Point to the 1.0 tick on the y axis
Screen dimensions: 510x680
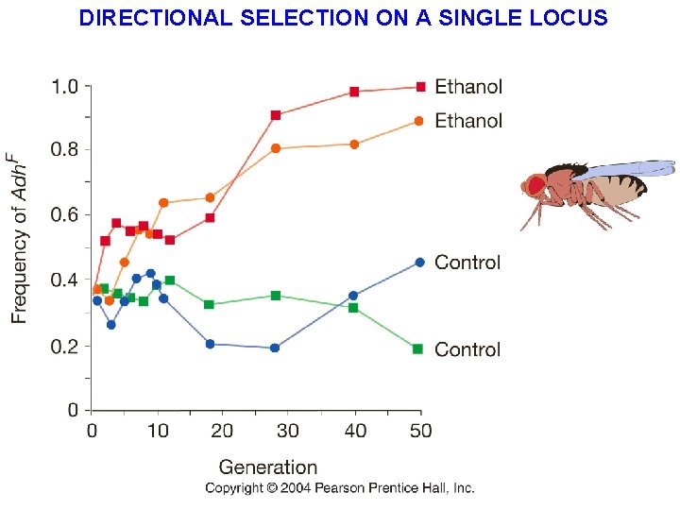tap(64, 87)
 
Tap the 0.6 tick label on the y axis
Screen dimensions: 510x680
tap(64, 215)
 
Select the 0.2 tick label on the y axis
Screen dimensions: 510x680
tap(64, 347)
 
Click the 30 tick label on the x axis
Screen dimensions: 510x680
tap(288, 431)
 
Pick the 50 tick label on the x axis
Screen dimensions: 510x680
tap(420, 431)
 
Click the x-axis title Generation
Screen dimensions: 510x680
tap(268, 467)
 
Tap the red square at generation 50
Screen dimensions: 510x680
tap(420, 87)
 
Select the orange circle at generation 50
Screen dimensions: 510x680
tap(419, 121)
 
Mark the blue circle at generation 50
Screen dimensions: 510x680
tap(420, 262)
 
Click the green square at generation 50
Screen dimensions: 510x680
tap(417, 348)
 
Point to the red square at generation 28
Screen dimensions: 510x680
tap(276, 115)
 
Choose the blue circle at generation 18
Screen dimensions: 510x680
tap(210, 344)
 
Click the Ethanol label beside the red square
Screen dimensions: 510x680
tap(468, 87)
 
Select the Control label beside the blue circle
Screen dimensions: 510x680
tap(467, 263)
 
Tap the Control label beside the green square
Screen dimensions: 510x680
tap(467, 349)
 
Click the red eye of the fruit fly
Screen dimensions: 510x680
tap(535, 185)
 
